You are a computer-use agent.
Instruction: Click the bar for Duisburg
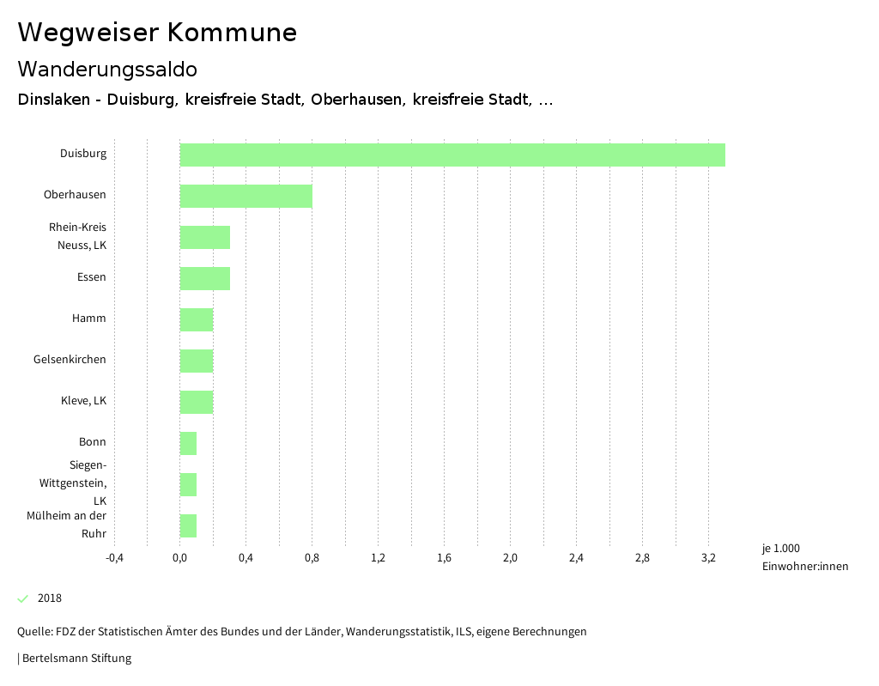point(452,155)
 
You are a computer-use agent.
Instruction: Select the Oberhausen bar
point(246,196)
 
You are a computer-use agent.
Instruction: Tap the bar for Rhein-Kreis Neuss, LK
point(204,237)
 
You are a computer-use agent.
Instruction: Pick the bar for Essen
point(204,278)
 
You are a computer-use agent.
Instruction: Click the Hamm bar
point(196,319)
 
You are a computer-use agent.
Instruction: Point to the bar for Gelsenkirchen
point(196,361)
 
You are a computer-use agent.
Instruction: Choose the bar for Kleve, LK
point(196,402)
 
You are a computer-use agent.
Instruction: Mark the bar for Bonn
point(188,443)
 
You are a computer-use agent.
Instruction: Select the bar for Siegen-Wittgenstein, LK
point(188,484)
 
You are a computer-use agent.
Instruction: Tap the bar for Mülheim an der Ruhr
point(188,525)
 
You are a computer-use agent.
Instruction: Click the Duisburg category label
point(83,154)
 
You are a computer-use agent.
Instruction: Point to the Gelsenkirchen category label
point(70,360)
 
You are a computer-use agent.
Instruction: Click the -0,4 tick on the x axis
point(114,558)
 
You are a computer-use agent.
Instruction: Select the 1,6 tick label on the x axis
point(444,558)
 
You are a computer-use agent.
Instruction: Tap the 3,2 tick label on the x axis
point(708,558)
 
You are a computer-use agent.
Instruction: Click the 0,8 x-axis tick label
point(312,558)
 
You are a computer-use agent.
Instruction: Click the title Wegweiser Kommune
point(157,33)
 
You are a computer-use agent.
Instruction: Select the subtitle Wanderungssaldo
point(107,69)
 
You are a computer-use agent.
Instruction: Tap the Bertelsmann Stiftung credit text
point(76,659)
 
